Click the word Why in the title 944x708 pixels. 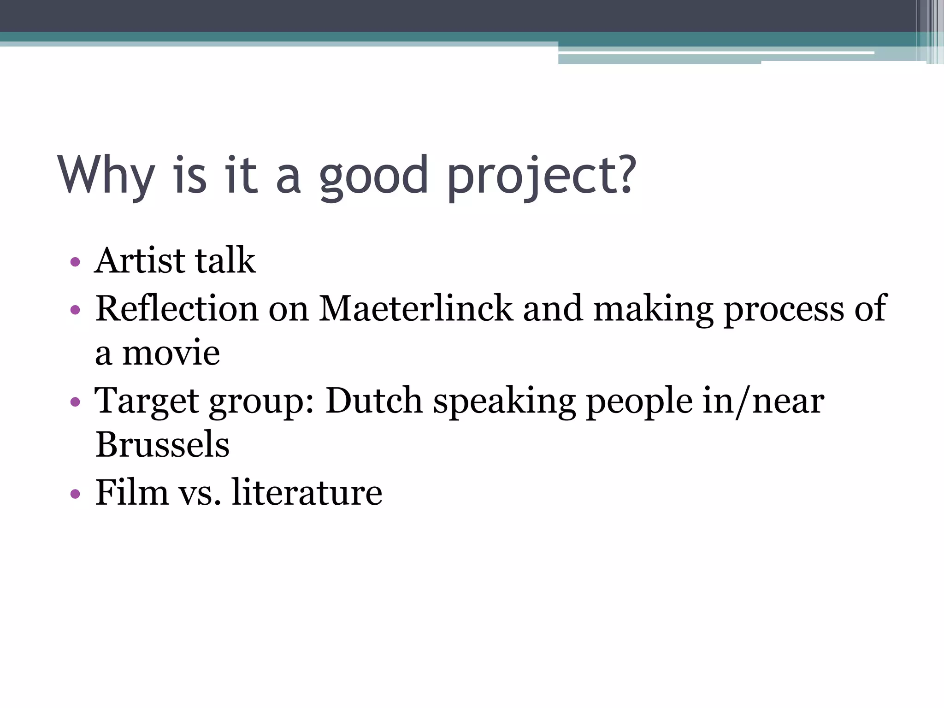point(106,175)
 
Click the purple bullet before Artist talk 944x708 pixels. point(75,262)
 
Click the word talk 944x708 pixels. point(225,260)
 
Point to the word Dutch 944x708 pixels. point(374,400)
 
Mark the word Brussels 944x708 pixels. point(162,444)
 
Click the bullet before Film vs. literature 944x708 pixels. point(75,495)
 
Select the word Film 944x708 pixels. point(132,492)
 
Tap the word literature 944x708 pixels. point(307,492)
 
